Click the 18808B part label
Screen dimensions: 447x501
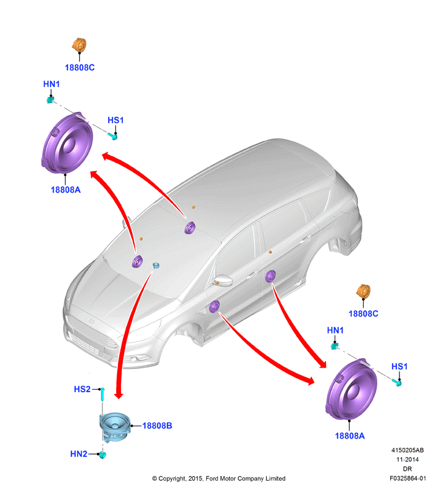click(157, 426)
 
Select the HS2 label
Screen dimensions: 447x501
click(82, 389)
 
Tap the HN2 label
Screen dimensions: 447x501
click(78, 453)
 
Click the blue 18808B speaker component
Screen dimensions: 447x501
click(115, 427)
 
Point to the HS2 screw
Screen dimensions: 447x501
click(102, 394)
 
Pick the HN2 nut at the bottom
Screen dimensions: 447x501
click(102, 455)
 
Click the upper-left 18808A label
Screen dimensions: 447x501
click(66, 190)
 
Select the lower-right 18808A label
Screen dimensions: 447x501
click(349, 436)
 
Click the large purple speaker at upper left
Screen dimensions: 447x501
click(67, 143)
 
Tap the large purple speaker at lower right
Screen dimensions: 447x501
click(351, 389)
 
